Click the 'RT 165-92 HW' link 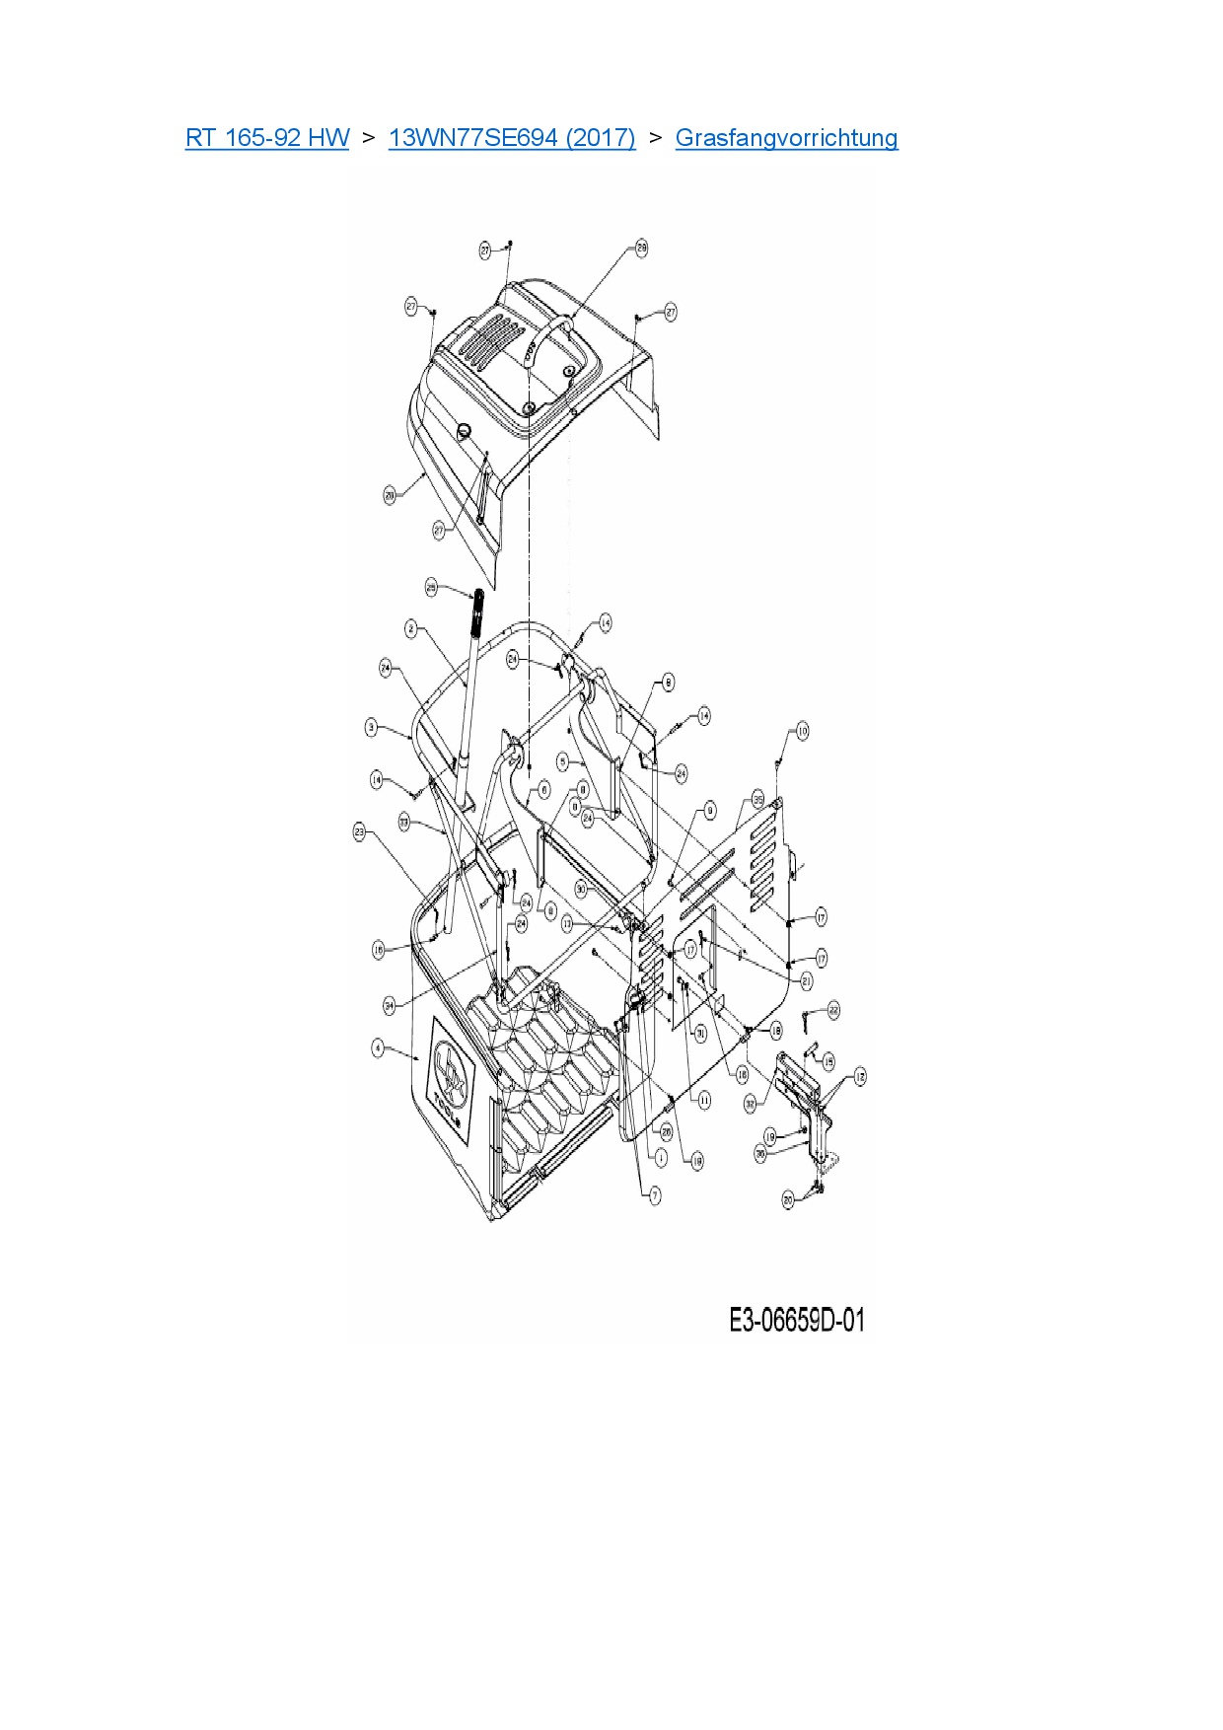pyautogui.click(x=266, y=137)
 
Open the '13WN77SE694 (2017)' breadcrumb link pyautogui.click(x=512, y=137)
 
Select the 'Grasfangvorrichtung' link pyautogui.click(x=786, y=137)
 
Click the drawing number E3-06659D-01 pyautogui.click(x=796, y=1320)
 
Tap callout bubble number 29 pyautogui.click(x=641, y=248)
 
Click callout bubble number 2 pyautogui.click(x=411, y=628)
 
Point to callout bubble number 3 pyautogui.click(x=371, y=727)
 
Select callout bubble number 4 pyautogui.click(x=378, y=1046)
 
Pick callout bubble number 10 pyautogui.click(x=802, y=731)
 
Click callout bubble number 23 pyautogui.click(x=359, y=832)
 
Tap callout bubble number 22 pyautogui.click(x=833, y=1009)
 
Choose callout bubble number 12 pyautogui.click(x=860, y=1076)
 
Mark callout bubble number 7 pyautogui.click(x=655, y=1194)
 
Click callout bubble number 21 pyautogui.click(x=806, y=980)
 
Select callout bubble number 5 pyautogui.click(x=562, y=761)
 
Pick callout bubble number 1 pyautogui.click(x=660, y=1157)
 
